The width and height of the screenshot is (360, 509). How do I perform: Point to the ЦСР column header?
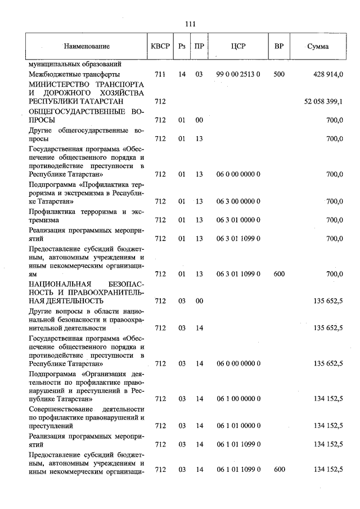[238, 46]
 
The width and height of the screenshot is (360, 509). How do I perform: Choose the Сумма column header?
[318, 46]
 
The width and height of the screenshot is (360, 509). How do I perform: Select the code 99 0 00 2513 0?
[238, 74]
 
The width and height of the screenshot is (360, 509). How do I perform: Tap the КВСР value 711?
[159, 74]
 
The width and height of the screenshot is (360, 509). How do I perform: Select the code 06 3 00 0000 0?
[238, 201]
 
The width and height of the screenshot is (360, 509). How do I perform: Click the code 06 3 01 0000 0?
[238, 220]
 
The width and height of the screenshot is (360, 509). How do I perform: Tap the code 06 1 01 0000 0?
[238, 426]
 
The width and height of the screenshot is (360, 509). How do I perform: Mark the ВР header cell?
[278, 46]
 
